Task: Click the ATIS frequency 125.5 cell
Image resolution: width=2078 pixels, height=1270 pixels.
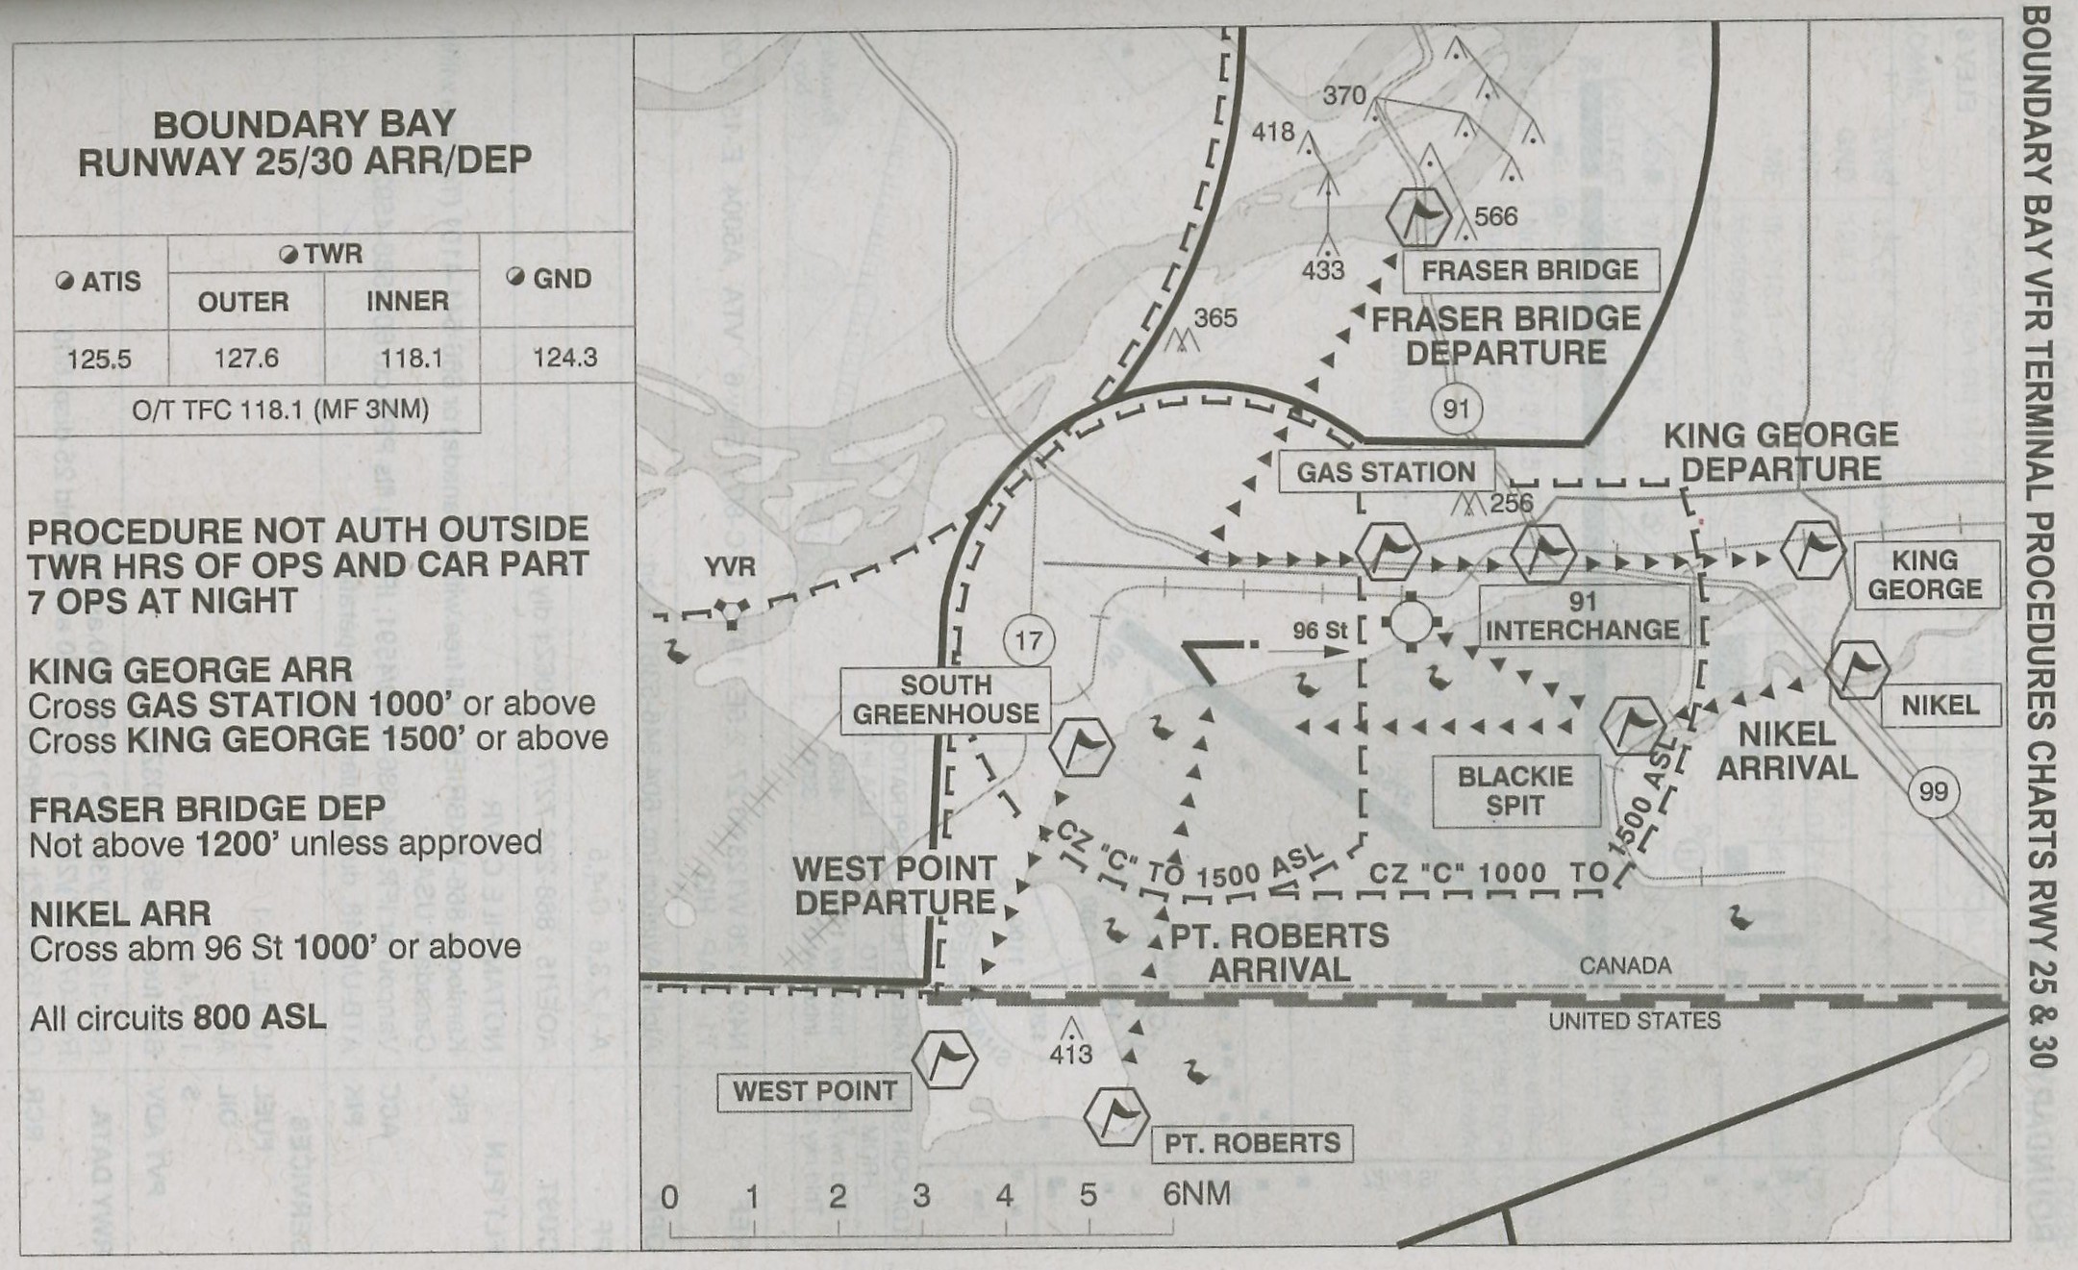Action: [99, 360]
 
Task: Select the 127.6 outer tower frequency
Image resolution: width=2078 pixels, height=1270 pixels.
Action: [246, 359]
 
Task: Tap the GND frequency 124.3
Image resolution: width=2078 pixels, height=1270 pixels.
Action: [564, 358]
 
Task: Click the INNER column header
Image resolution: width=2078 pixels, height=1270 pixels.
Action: [407, 301]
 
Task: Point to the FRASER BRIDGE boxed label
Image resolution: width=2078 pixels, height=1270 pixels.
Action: [1530, 270]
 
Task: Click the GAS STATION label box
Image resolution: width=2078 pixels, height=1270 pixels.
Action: [1386, 472]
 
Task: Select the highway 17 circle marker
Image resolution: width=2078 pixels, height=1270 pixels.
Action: [1028, 640]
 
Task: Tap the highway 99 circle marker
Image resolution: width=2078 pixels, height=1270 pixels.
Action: [1933, 791]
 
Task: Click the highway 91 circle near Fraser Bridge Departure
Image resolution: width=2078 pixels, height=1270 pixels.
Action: [1456, 409]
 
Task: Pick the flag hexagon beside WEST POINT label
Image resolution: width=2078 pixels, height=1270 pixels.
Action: [944, 1058]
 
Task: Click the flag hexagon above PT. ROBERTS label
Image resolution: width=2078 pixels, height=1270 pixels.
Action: [1116, 1117]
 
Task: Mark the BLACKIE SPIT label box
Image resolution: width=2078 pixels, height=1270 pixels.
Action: [1515, 790]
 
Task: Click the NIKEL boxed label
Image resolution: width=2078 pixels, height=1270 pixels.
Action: [1940, 706]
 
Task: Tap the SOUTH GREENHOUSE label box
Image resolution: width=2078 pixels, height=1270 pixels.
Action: [945, 700]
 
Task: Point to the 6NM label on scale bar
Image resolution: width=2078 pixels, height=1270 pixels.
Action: [1196, 1194]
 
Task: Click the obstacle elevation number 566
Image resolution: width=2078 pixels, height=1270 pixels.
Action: [1495, 216]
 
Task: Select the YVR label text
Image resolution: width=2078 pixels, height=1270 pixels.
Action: [729, 567]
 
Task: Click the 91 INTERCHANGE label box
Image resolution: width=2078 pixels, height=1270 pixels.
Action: [1583, 616]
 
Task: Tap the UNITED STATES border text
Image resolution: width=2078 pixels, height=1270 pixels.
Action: [1634, 1020]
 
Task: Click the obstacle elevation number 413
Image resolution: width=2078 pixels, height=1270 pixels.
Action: [1070, 1055]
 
